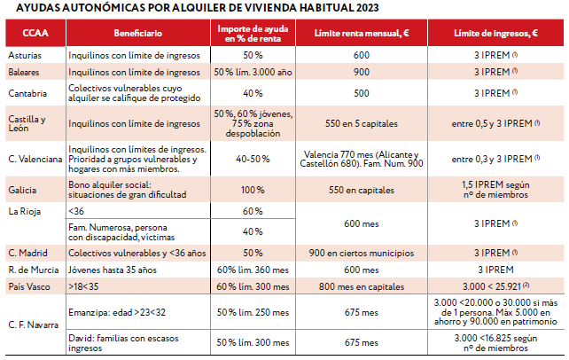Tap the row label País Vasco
(27, 287)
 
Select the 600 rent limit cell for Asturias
(361, 55)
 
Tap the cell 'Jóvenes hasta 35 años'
(109, 270)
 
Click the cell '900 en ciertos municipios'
(361, 252)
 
